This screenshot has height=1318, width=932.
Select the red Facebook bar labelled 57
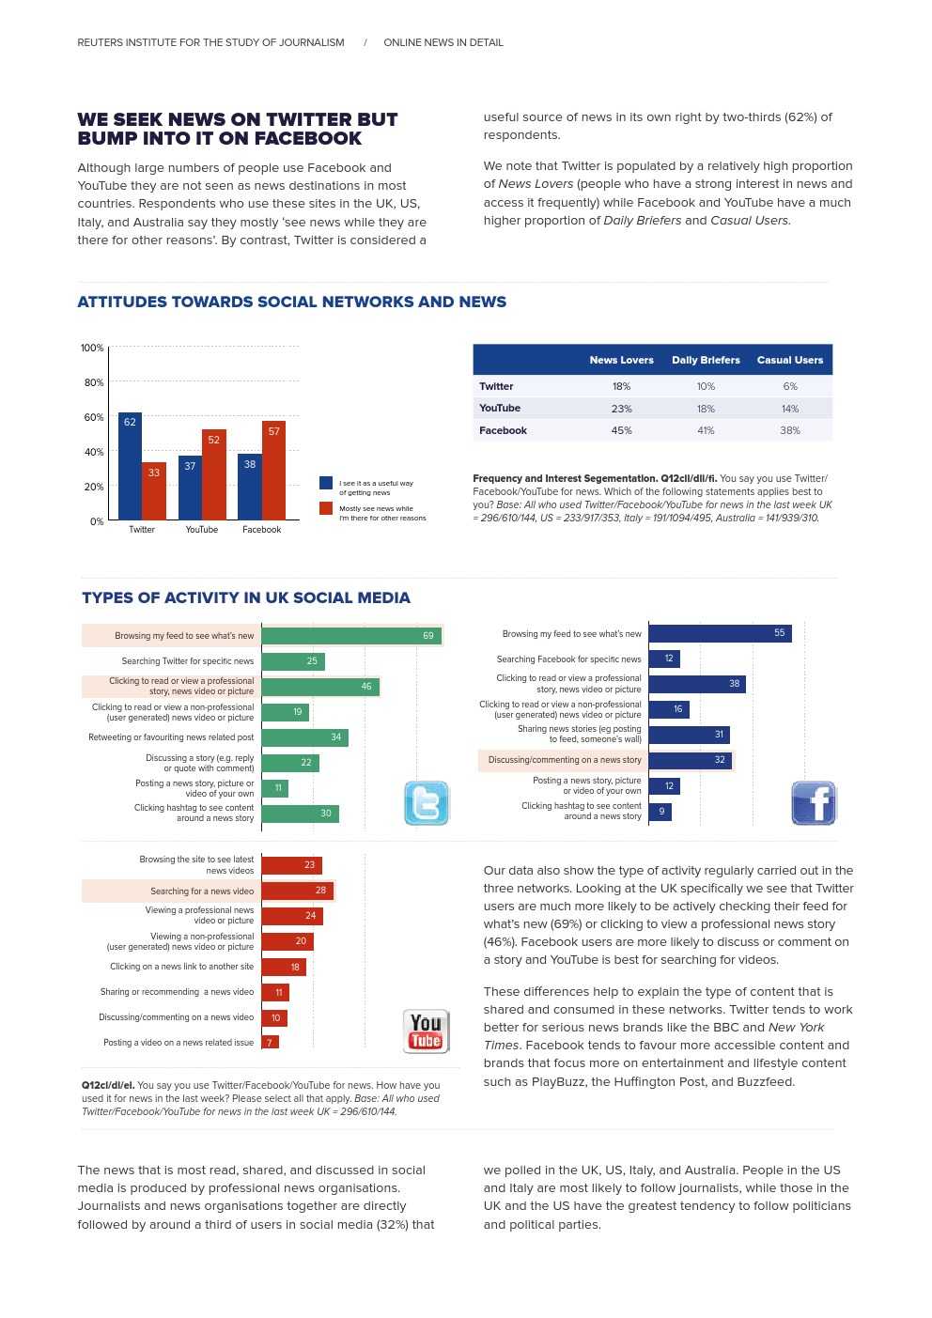pos(273,471)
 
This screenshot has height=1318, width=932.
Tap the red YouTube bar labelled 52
pos(213,474)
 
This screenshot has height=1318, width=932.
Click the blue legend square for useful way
pos(326,483)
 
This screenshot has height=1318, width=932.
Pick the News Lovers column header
pos(621,360)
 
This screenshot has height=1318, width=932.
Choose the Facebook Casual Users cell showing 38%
pos(789,430)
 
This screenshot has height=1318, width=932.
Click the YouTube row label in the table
pos(500,409)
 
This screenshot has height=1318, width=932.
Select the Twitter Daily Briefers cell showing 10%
pos(706,386)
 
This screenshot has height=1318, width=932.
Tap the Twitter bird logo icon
pos(427,803)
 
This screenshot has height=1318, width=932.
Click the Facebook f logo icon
pos(814,803)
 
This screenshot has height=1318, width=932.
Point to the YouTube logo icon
pos(426,1031)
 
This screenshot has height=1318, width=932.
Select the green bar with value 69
pos(351,636)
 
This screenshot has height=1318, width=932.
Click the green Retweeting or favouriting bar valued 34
pos(304,737)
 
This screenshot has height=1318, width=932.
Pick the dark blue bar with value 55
pos(720,633)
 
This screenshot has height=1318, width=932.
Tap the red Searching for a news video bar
pos(297,891)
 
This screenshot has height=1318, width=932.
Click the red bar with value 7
pos(270,1043)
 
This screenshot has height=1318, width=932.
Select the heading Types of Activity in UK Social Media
pos(246,597)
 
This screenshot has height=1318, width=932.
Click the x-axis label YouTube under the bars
pos(201,530)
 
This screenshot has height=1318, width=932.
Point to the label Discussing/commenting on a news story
pos(565,760)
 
